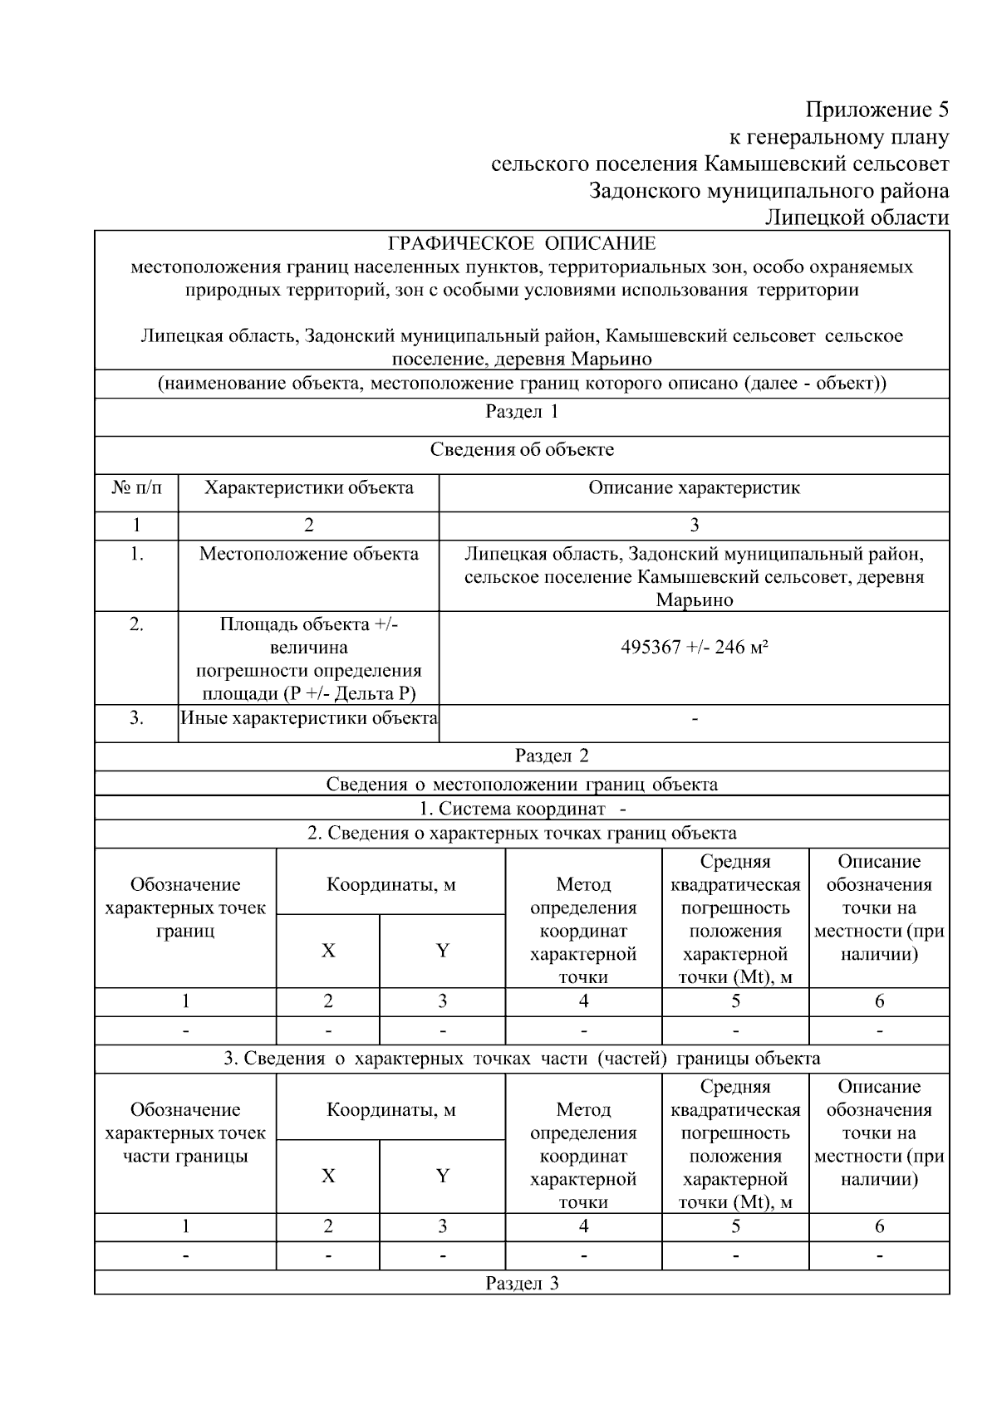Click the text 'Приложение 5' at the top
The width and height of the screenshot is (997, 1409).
(877, 110)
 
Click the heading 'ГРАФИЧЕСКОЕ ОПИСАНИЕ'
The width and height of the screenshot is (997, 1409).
(522, 244)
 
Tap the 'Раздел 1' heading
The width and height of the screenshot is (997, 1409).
(522, 412)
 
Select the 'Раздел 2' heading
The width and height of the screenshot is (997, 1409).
(552, 756)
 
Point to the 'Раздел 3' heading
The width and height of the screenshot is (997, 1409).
(522, 1284)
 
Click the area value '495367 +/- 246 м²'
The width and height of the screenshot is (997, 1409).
(694, 648)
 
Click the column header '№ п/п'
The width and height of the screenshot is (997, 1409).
(136, 488)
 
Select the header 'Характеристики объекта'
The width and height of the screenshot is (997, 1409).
(309, 488)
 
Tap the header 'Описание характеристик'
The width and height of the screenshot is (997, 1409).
(694, 488)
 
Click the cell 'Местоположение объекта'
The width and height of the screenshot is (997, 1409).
(309, 555)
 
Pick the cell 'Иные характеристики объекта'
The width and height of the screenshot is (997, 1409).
(309, 718)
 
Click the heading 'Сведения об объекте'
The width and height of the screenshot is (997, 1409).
(522, 450)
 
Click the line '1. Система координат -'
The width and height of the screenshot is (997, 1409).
(522, 810)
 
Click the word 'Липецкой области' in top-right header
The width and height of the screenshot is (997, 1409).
(856, 218)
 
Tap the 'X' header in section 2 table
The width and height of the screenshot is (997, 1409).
(328, 952)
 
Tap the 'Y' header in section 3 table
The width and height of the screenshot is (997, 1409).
(443, 1177)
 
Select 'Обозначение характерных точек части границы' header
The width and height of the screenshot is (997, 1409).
(185, 1133)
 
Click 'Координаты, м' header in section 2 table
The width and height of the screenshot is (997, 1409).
(390, 885)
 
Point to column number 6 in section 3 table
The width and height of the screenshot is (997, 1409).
(879, 1227)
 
